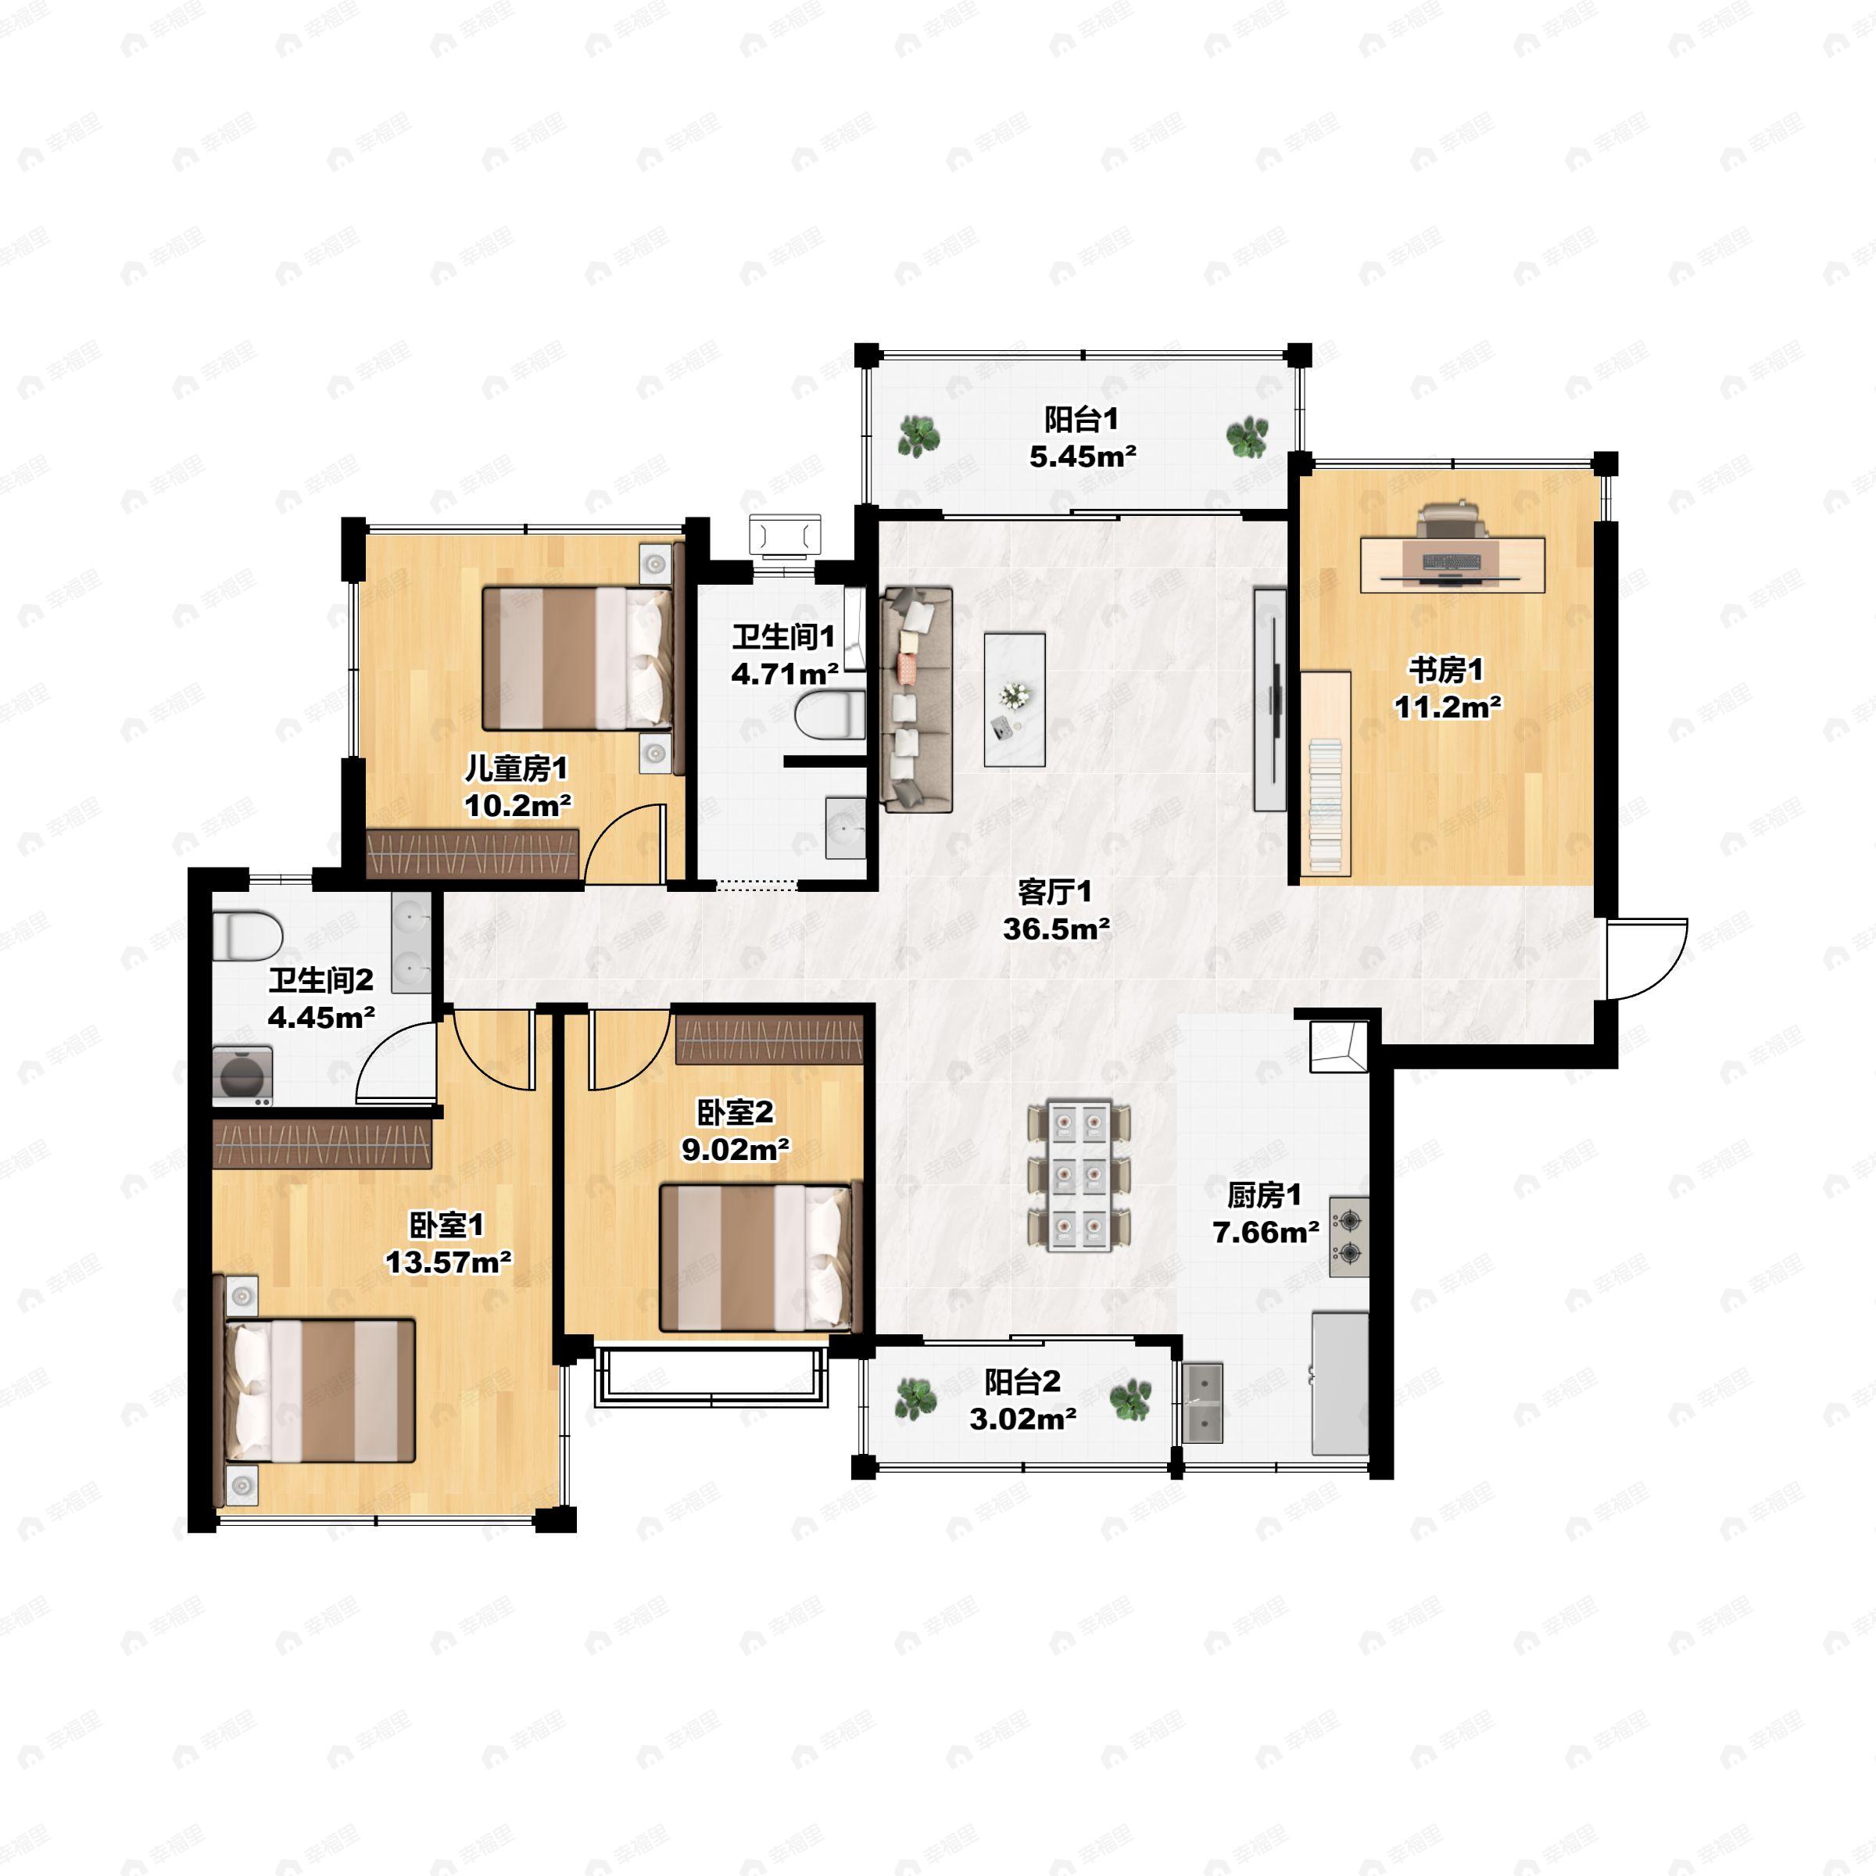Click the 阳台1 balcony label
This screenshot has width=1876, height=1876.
pos(1081,420)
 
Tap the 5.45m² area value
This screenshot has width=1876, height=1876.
pos(1083,456)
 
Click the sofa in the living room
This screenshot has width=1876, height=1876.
pos(915,699)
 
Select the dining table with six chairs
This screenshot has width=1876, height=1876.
pos(1079,1175)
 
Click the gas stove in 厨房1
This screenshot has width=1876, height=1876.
pos(1348,1236)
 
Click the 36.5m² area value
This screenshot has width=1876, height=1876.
pos(1057,929)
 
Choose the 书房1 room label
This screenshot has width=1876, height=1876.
pos(1446,670)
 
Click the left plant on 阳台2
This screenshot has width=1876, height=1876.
pos(915,1399)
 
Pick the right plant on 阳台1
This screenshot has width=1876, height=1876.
pos(1247,437)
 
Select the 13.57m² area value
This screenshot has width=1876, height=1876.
pos(449,1262)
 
